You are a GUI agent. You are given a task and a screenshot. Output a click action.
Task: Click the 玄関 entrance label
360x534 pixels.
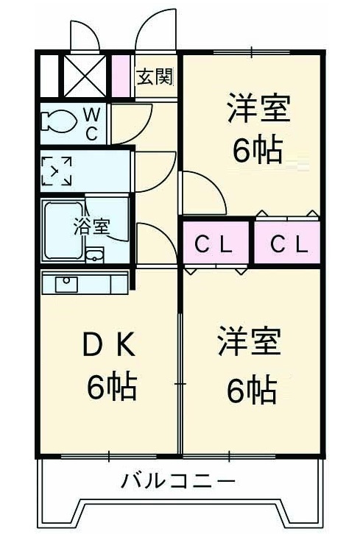coord(155,76)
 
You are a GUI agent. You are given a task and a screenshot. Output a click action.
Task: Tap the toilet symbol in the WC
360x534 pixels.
coord(58,121)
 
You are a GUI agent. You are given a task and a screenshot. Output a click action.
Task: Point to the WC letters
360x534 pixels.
coord(92,124)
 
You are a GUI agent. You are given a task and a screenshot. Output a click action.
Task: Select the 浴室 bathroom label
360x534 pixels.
coord(92,227)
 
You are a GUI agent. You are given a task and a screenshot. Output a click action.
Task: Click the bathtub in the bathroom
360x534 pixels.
coord(63,231)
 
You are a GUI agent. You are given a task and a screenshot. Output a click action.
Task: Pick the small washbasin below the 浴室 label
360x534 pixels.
coord(95,255)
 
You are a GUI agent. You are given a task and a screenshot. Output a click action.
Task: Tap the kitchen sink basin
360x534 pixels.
coord(66,284)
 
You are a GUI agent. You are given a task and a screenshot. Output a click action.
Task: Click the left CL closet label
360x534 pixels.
coord(213,244)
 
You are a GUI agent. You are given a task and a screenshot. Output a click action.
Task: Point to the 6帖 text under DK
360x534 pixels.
coord(112,387)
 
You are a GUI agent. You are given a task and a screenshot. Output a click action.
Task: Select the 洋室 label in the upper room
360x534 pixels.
coord(259,108)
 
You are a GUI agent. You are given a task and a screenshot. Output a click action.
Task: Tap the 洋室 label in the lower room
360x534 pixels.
coord(250,341)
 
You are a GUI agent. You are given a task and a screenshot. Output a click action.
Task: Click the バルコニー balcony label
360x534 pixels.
coord(179,481)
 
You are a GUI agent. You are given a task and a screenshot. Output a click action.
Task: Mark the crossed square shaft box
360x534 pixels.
coord(85,76)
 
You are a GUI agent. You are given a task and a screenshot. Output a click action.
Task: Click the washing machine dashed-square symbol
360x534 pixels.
coord(57,171)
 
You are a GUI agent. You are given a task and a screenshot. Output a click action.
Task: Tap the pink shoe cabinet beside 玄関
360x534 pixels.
coord(121,76)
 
